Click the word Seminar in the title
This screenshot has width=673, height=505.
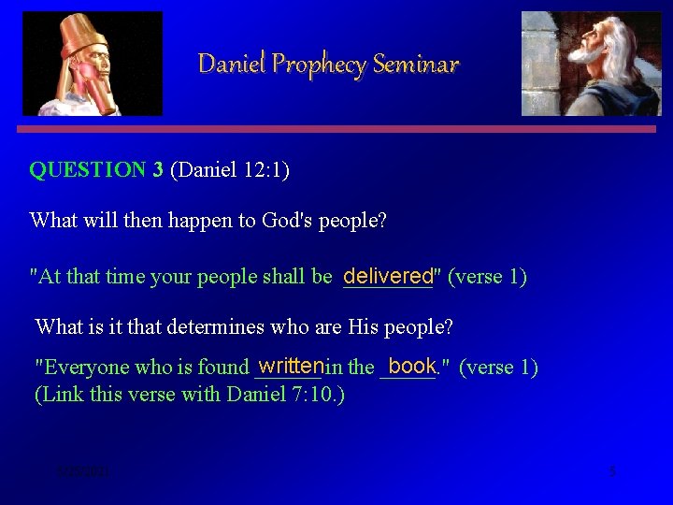(x=415, y=65)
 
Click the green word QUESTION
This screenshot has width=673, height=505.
(x=88, y=170)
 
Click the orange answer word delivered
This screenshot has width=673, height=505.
(x=388, y=276)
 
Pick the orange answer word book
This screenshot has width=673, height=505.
(x=411, y=365)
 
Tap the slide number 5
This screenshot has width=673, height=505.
(x=612, y=471)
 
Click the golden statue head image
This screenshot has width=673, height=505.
(x=92, y=64)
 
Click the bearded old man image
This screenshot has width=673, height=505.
(x=591, y=64)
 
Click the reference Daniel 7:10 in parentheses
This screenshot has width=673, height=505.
(x=283, y=395)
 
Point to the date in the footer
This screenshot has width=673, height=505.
(x=82, y=472)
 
